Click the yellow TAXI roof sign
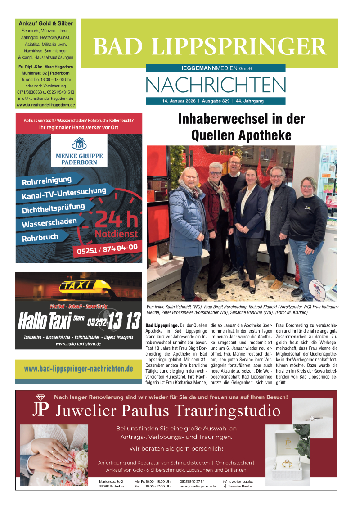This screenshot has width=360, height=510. (78, 285)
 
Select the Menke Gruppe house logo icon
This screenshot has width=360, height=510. (79, 144)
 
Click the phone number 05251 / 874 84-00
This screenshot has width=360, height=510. (108, 249)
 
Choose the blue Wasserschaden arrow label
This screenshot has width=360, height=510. (49, 223)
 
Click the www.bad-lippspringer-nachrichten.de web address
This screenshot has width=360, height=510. (78, 369)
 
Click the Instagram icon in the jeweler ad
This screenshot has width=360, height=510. (225, 481)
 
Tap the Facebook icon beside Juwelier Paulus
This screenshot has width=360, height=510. (225, 486)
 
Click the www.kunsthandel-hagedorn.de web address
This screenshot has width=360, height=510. (45, 105)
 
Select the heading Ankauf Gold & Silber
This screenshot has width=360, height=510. (45, 23)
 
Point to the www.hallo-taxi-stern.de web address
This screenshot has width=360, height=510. (78, 344)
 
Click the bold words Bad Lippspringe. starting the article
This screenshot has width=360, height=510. (162, 325)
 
